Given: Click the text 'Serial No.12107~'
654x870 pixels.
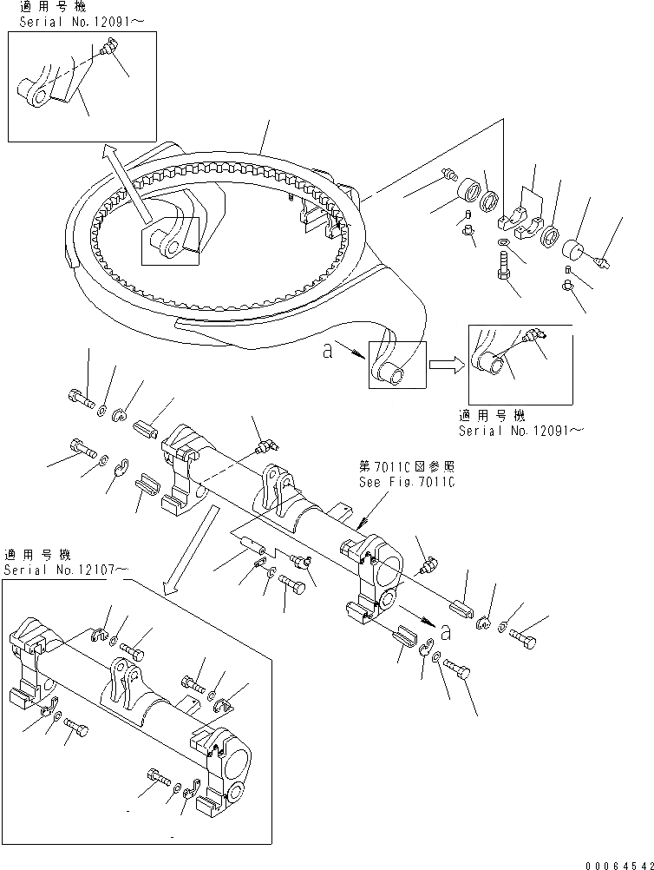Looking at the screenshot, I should tap(67, 570).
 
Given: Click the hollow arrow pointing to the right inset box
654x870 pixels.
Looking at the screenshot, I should tap(448, 366).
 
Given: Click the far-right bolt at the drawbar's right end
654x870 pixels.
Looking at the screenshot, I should tap(523, 640).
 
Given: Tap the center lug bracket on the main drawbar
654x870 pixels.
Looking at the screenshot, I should tap(274, 491).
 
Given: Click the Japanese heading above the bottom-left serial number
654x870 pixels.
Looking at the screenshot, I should tap(38, 555).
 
